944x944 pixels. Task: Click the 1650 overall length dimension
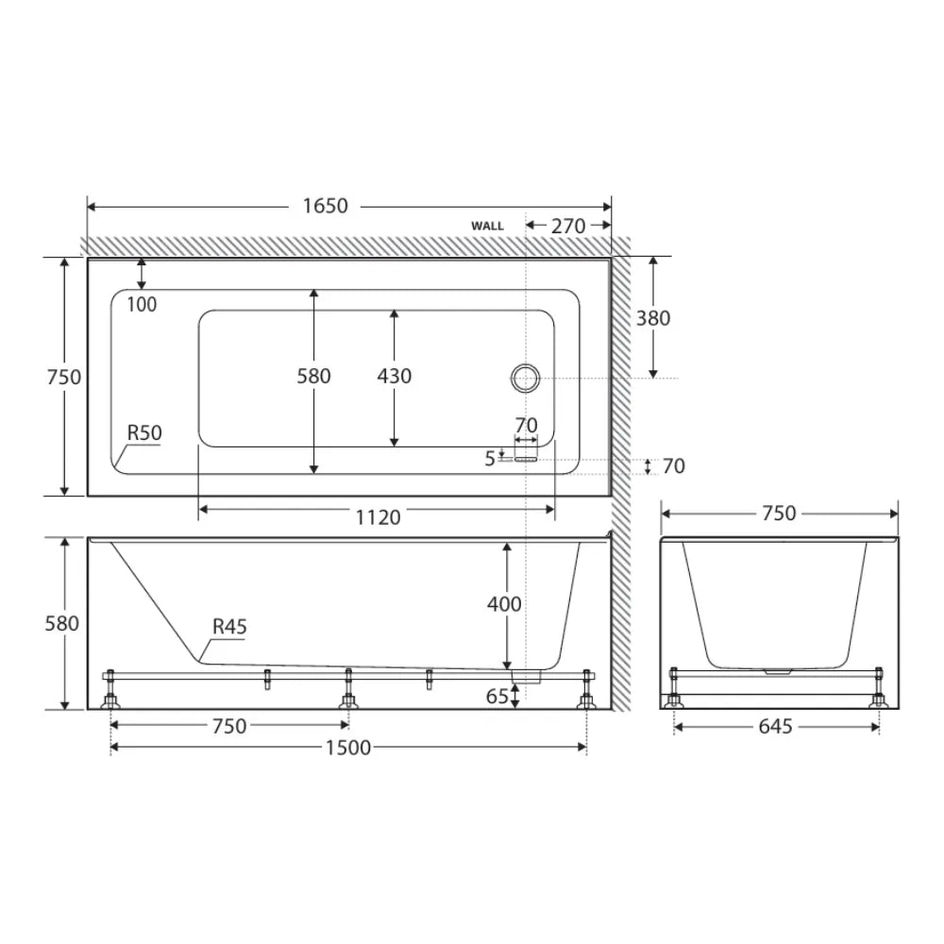pyautogui.click(x=325, y=206)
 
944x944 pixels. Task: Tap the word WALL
pyautogui.click(x=488, y=227)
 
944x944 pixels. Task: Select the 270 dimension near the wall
pyautogui.click(x=567, y=227)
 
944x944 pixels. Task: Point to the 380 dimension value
pyautogui.click(x=653, y=318)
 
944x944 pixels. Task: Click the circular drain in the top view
pyautogui.click(x=526, y=379)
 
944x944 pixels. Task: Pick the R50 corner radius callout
pyautogui.click(x=144, y=433)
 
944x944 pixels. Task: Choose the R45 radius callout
pyautogui.click(x=229, y=627)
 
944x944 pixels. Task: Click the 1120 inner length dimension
pyautogui.click(x=378, y=517)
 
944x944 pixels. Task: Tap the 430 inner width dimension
pyautogui.click(x=395, y=377)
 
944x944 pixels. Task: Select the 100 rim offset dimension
pyautogui.click(x=143, y=305)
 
